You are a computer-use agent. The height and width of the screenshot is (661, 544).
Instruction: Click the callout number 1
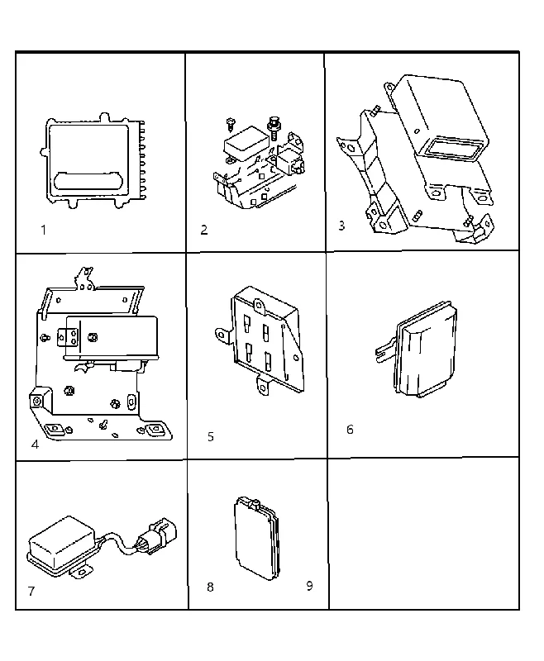coord(43,231)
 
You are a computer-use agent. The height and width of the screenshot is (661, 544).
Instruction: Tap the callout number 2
coord(204,231)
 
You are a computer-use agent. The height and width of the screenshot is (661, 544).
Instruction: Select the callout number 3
coord(341,226)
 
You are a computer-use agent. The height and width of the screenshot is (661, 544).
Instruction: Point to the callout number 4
coord(35,445)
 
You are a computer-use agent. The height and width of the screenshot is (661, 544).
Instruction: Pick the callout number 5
coord(211,437)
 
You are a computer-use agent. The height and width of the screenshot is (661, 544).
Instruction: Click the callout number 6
coord(350,430)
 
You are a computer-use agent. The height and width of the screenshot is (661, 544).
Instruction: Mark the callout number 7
coord(31,592)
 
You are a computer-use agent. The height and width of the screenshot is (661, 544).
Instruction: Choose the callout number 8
coord(210,587)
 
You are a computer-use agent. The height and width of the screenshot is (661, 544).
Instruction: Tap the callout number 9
coord(309,586)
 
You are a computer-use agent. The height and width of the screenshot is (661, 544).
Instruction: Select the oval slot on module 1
coord(88,181)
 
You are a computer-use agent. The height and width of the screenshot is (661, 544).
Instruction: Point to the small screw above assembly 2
coord(231,124)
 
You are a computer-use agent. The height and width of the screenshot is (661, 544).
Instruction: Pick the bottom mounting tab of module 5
coord(263,385)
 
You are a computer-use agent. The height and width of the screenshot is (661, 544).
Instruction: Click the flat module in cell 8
coord(256,538)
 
